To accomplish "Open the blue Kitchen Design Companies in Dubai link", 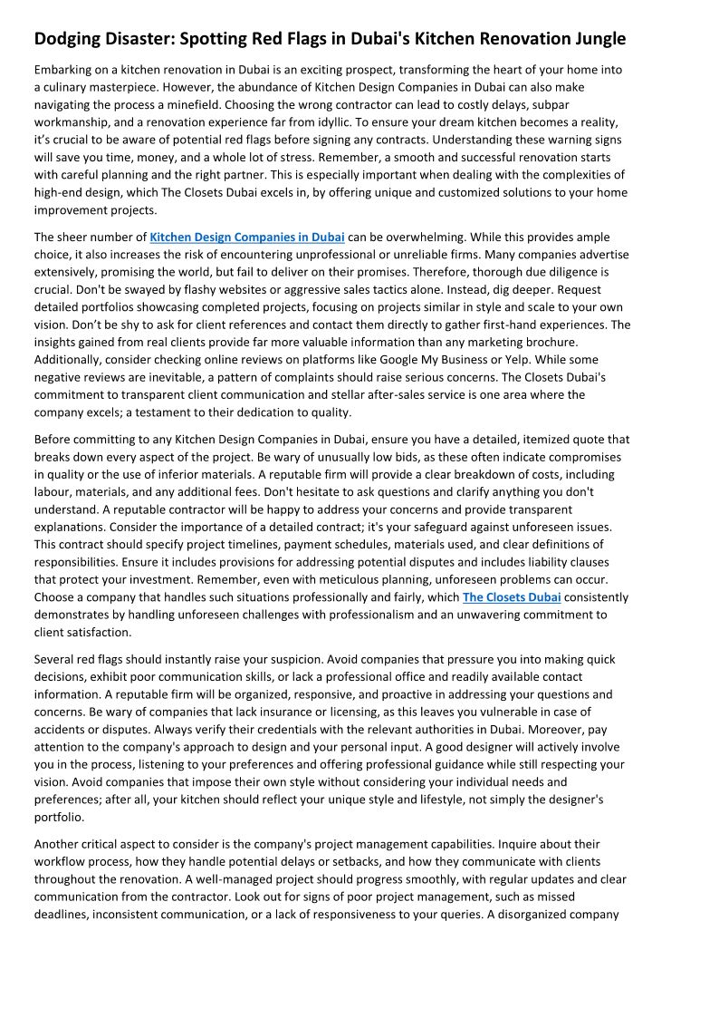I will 246,238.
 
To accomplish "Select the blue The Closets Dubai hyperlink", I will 512,597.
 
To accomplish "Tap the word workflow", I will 62,861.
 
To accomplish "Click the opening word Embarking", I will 65,70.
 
